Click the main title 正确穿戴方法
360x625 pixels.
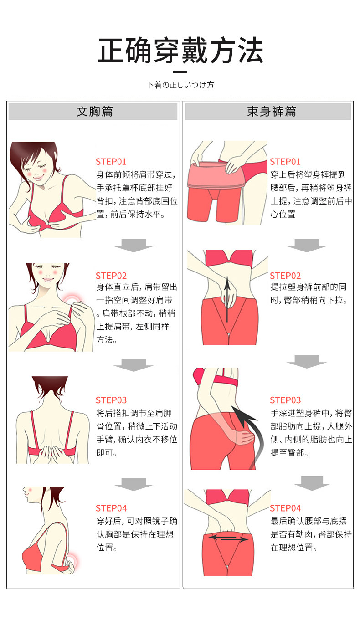tap(180, 51)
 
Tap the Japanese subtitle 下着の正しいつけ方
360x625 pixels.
tap(180, 85)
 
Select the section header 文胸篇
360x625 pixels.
tap(95, 111)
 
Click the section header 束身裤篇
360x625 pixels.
tap(271, 111)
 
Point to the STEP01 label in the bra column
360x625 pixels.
tap(111, 162)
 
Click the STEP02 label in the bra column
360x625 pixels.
tap(111, 276)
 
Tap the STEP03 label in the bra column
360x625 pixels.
tap(111, 400)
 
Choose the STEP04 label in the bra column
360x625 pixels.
tap(111, 508)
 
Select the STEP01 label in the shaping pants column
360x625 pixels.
tap(285, 162)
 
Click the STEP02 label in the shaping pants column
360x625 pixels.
tap(285, 276)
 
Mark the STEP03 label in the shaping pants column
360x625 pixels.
tap(285, 400)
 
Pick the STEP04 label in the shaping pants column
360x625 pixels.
tap(285, 508)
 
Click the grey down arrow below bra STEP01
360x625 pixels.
tap(134, 246)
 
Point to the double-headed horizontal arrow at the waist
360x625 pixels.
tap(228, 537)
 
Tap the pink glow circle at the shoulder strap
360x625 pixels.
tap(72, 300)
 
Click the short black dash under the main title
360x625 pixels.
tap(180, 72)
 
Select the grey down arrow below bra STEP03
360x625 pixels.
tap(134, 484)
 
